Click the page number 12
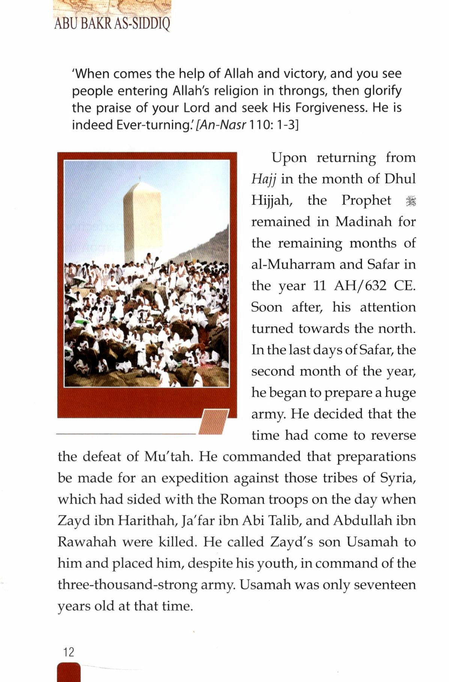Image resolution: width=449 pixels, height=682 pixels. (x=69, y=652)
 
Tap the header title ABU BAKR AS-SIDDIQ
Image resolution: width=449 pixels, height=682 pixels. (x=112, y=23)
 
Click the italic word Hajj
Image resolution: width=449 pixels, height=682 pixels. (x=264, y=179)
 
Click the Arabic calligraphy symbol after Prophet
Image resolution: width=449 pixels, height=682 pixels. (x=411, y=201)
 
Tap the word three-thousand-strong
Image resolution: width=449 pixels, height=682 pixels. (x=127, y=585)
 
